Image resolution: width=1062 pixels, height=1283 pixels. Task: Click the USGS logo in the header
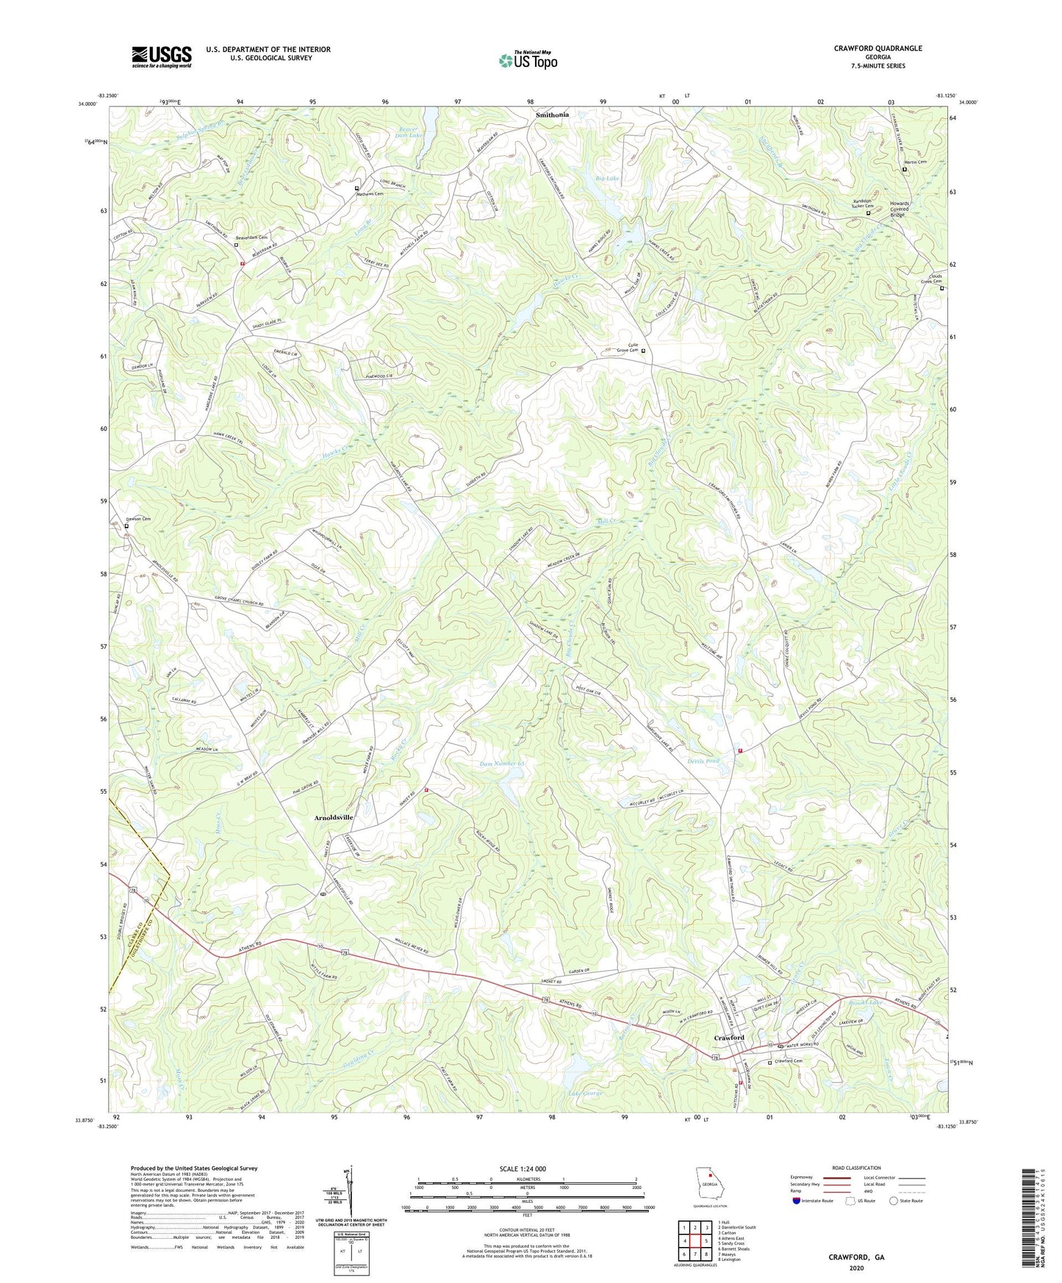coord(162,56)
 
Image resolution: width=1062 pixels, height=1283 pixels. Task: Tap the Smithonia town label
coord(552,115)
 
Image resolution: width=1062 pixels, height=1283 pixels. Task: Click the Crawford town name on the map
coord(729,1038)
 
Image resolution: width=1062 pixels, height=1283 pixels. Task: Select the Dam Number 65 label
coord(502,764)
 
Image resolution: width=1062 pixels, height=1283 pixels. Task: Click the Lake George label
coord(585,1093)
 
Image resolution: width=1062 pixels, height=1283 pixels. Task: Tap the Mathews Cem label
coord(370,194)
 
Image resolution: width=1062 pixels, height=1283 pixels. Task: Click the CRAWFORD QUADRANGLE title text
coord(878,48)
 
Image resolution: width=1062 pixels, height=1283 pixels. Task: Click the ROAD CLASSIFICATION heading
coord(856,1168)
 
